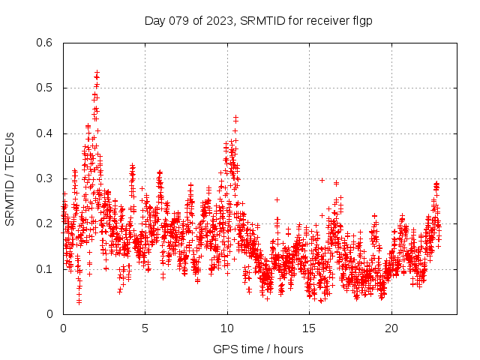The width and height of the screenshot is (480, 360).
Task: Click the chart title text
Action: point(258,20)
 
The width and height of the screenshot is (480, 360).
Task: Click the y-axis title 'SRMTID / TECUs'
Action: point(10,179)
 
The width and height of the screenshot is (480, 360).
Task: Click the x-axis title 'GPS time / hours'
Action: point(258,349)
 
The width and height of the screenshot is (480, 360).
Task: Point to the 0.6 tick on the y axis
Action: point(45,43)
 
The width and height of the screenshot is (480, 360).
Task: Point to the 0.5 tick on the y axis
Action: point(45,88)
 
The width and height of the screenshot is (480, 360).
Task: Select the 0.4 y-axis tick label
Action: point(45,133)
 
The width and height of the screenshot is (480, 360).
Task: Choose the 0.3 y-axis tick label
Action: point(45,178)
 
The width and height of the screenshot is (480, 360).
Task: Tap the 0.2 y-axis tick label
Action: point(45,223)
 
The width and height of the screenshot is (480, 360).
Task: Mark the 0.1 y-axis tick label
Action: point(45,268)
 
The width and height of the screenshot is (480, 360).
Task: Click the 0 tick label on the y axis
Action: point(51,313)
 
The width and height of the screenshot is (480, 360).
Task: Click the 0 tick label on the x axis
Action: point(63,328)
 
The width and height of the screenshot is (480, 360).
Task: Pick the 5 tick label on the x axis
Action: point(145,328)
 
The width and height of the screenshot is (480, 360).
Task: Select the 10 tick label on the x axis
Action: point(227,328)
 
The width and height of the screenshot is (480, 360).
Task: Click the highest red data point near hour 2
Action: point(97,73)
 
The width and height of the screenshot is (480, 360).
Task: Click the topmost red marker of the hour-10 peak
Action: point(235,117)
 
